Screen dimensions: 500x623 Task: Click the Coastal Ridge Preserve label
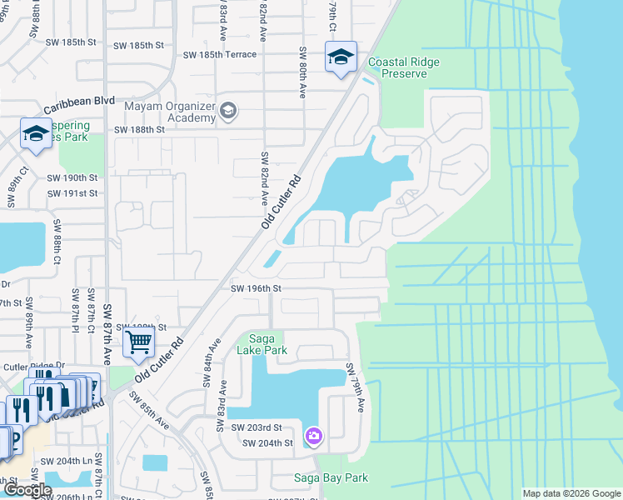click(404, 67)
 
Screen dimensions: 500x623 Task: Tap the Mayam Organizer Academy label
click(169, 112)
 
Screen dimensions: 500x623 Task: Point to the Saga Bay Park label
click(331, 477)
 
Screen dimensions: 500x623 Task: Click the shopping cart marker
click(138, 340)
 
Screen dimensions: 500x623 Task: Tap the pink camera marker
click(313, 436)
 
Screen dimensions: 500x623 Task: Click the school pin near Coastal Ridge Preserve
click(341, 57)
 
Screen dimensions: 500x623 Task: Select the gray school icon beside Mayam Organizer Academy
click(228, 111)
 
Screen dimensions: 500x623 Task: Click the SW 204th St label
click(267, 442)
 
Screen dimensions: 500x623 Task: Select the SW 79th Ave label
click(356, 387)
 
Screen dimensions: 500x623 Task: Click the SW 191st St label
click(72, 192)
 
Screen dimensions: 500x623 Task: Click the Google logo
click(27, 490)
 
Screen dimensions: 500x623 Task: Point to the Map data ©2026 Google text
click(571, 493)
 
